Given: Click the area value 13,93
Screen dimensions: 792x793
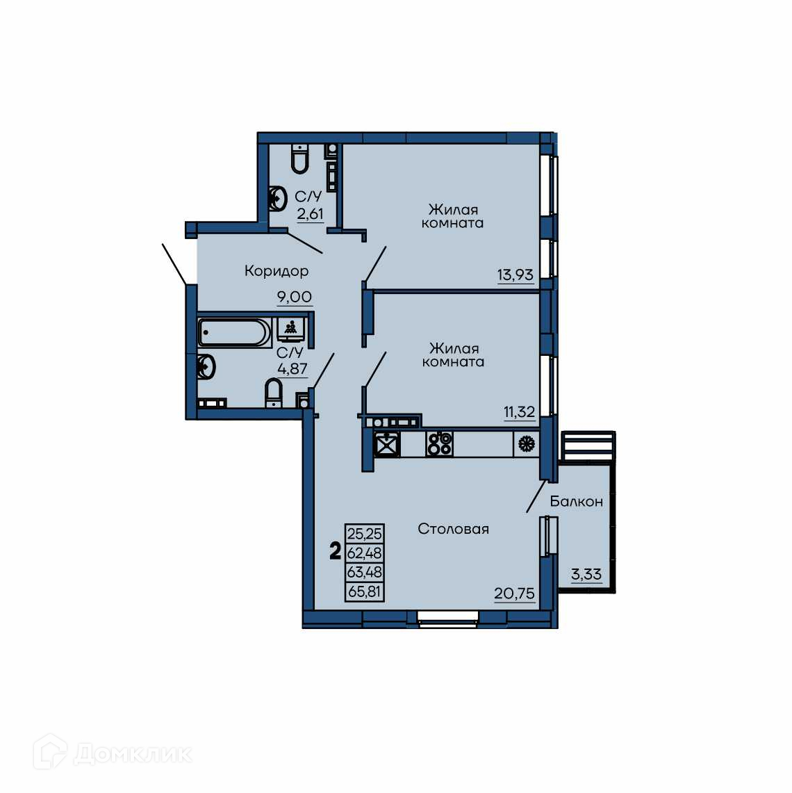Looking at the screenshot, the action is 515,275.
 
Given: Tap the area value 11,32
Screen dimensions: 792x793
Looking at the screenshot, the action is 519,411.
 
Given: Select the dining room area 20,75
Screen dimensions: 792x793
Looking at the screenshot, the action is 515,593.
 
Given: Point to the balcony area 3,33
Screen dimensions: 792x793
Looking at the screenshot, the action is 586,575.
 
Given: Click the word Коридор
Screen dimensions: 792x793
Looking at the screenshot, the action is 277,271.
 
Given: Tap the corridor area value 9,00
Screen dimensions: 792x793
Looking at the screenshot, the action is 294,296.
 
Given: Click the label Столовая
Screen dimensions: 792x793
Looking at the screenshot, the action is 454,529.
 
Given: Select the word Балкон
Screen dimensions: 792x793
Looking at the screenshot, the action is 576,501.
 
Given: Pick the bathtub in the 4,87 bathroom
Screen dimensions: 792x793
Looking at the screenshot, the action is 235,332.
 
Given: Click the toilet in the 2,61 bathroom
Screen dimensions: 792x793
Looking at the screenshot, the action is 299,158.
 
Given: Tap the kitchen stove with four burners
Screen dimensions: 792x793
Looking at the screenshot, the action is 439,444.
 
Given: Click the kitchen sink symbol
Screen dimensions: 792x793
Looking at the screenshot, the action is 387,444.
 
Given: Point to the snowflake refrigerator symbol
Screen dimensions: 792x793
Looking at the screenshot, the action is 526,444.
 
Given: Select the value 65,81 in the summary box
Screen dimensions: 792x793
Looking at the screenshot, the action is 365,591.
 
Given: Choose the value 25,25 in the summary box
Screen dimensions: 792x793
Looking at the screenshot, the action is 365,534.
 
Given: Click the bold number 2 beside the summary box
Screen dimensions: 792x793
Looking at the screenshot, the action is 335,551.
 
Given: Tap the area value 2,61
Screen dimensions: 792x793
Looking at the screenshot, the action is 310,214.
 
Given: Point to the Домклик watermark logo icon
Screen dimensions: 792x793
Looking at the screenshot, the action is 49,752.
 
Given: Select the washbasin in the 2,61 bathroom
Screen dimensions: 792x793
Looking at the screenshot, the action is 278,199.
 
